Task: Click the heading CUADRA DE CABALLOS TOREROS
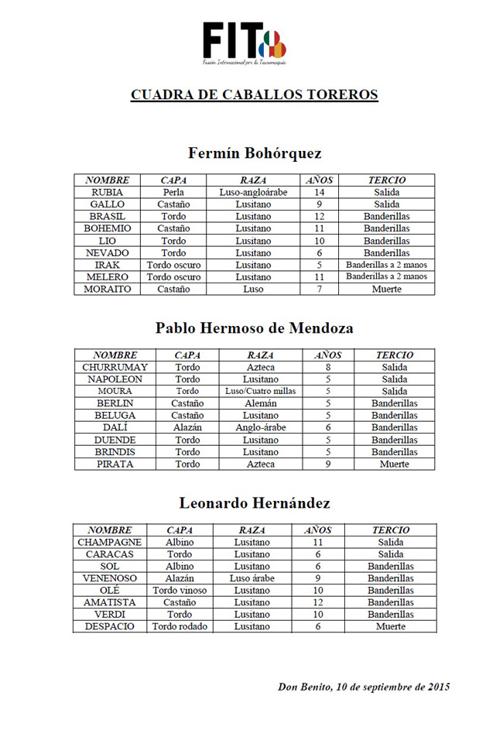click(255, 95)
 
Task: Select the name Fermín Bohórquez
click(255, 153)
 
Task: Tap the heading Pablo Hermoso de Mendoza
click(255, 327)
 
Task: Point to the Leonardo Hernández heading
click(255, 503)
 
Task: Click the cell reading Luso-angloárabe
click(254, 192)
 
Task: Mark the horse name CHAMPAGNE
click(109, 543)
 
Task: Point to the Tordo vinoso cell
click(180, 590)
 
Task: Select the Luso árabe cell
click(252, 578)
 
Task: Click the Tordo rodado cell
click(180, 626)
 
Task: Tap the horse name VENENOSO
click(109, 578)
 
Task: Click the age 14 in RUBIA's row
click(318, 192)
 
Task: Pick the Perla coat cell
click(173, 192)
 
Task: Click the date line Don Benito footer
click(364, 687)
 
